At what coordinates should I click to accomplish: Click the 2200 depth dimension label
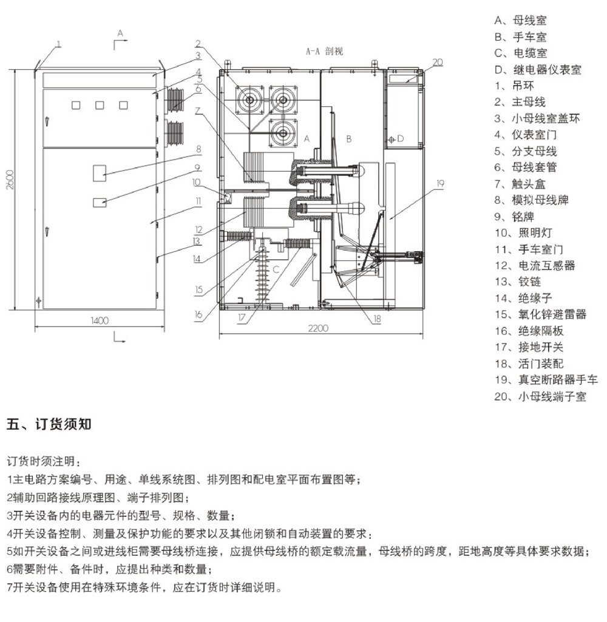coord(317,328)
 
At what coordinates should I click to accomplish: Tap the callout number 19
coord(441,182)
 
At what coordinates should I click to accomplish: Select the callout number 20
coord(438,61)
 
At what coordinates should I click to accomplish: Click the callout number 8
coord(198,149)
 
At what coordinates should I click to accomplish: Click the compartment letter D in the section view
coord(401,139)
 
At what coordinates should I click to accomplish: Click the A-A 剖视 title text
coord(324,52)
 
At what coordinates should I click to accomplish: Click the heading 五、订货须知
coord(49,424)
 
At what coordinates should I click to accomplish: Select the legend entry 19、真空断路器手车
coord(546,380)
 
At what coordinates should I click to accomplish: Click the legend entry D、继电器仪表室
coord(537,69)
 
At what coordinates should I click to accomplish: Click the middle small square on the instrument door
coord(100,105)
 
